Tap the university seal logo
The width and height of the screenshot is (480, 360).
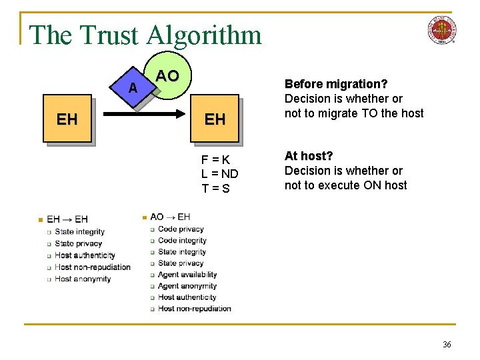[x=441, y=30]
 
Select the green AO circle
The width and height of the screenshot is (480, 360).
[x=170, y=77]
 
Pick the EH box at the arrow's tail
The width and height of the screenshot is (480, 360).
[x=67, y=120]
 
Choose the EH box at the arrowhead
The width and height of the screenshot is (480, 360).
[x=214, y=120]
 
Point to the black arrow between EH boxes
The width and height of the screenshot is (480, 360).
[x=140, y=115]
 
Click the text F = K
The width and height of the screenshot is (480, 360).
[x=216, y=159]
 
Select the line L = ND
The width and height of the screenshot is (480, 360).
[x=219, y=174]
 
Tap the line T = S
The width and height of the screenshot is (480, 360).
[x=216, y=189]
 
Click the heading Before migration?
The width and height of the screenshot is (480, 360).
[x=336, y=84]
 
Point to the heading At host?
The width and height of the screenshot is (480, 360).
[x=309, y=156]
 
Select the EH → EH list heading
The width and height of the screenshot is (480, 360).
[x=67, y=219]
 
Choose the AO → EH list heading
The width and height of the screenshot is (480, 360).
[x=170, y=217]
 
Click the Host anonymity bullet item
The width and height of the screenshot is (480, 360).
[x=83, y=279]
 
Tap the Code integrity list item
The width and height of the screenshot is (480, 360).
[x=182, y=240]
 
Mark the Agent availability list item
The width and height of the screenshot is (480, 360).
[x=187, y=274]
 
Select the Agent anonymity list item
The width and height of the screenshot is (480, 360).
[x=187, y=286]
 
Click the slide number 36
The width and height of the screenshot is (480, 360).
[x=447, y=344]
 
